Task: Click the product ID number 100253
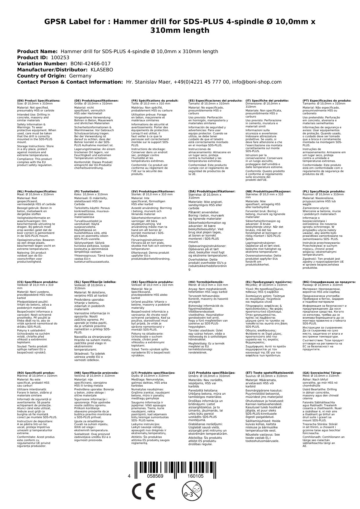(x=60, y=57)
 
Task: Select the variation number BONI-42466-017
(x=91, y=64)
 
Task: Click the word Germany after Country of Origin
(x=80, y=76)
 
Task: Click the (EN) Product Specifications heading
(x=39, y=100)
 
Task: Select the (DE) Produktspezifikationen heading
(x=96, y=100)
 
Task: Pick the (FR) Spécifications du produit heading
(x=155, y=100)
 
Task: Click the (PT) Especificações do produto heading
(x=327, y=100)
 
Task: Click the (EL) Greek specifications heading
(x=269, y=282)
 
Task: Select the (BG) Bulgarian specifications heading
(x=329, y=282)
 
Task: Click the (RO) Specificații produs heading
(x=36, y=373)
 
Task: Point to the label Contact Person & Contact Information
(x=70, y=82)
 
